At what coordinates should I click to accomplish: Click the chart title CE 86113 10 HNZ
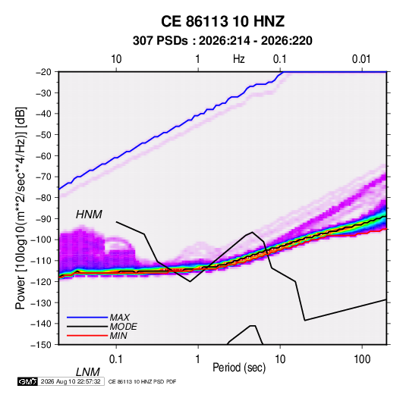click(x=222, y=21)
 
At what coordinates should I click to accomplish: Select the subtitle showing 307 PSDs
click(x=222, y=41)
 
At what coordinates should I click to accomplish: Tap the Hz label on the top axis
click(x=239, y=59)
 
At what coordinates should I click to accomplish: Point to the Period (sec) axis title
click(x=239, y=368)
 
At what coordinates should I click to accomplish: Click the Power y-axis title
click(x=20, y=208)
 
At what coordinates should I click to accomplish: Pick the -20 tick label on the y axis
click(x=43, y=72)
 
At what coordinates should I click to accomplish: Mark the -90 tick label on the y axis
click(x=43, y=218)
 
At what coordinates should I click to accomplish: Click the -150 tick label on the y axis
click(x=41, y=345)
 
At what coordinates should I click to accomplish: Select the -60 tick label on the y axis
click(x=43, y=155)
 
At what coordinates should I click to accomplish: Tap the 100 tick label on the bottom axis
click(x=362, y=359)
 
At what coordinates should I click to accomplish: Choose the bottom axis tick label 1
click(x=198, y=359)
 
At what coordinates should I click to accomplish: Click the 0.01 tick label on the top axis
click(x=361, y=59)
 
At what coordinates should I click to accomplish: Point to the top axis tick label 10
click(x=116, y=59)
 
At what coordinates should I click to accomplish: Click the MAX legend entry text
click(x=120, y=317)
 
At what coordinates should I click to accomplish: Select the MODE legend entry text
click(x=123, y=327)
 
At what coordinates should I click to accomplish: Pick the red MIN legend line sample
click(x=87, y=336)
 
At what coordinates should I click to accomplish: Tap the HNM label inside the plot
click(x=89, y=215)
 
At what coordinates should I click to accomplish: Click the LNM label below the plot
click(x=87, y=372)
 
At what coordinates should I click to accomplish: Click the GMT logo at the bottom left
click(x=28, y=381)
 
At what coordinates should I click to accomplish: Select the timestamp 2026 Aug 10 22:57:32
click(x=71, y=381)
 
